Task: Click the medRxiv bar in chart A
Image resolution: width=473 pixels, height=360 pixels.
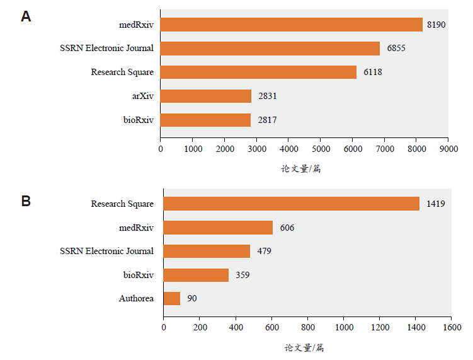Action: point(291,25)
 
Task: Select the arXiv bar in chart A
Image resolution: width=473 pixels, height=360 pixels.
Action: point(206,96)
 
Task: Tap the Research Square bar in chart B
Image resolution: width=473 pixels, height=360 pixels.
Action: point(291,204)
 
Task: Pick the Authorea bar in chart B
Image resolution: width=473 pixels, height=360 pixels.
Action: point(172,298)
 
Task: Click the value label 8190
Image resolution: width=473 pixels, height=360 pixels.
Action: point(436,25)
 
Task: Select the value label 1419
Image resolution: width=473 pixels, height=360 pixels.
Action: point(436,204)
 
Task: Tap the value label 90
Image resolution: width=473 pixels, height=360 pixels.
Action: point(192,298)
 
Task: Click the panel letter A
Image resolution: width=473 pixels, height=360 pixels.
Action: point(26,17)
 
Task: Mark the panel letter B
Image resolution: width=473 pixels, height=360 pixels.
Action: point(26,202)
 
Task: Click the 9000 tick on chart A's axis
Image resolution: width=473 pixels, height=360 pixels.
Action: point(448,149)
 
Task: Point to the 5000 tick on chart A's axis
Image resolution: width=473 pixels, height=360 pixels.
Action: point(320,149)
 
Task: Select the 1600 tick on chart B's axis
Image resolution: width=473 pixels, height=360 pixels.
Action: point(452,328)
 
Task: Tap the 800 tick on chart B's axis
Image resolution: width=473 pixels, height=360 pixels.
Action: point(307,328)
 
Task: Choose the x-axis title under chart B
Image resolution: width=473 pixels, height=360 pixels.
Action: point(304,347)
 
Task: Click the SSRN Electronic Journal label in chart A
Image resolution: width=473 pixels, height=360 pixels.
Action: point(106,48)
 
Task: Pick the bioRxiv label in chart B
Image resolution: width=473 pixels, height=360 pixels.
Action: point(138,275)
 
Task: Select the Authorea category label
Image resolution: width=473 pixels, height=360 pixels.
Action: point(136,298)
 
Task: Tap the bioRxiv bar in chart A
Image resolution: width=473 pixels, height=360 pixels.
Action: point(205,120)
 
